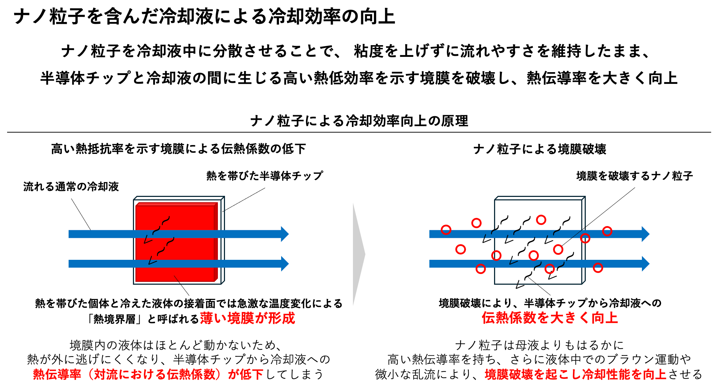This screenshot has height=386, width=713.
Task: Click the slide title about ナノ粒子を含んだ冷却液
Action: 204,16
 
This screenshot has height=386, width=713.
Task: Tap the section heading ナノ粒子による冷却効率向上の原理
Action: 359,121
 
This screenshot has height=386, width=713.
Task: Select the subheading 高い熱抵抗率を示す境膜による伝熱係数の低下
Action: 178,149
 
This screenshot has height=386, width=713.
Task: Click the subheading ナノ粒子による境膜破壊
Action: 540,149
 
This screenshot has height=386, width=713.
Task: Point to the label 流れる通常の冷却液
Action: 71,186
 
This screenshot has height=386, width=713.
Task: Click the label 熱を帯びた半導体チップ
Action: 265,176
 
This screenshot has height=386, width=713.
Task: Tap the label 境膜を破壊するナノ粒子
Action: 634,176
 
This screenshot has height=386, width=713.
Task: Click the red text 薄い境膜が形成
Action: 248,318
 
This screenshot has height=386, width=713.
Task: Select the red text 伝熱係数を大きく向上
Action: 550,317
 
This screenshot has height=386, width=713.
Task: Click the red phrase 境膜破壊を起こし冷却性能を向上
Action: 575,374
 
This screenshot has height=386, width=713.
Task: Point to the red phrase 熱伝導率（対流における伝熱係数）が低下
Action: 148,374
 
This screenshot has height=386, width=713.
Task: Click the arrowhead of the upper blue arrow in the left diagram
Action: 285,234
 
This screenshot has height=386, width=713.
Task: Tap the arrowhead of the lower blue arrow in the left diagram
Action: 285,264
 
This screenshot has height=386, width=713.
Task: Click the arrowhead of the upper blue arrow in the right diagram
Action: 645,234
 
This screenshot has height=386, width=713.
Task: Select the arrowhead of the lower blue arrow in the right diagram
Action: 645,264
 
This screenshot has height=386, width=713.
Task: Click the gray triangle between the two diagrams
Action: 358,254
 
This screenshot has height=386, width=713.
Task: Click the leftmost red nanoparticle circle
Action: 446,230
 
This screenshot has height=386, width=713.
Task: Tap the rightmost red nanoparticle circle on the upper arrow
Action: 607,231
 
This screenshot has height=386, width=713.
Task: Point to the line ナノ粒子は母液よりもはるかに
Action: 539,345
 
